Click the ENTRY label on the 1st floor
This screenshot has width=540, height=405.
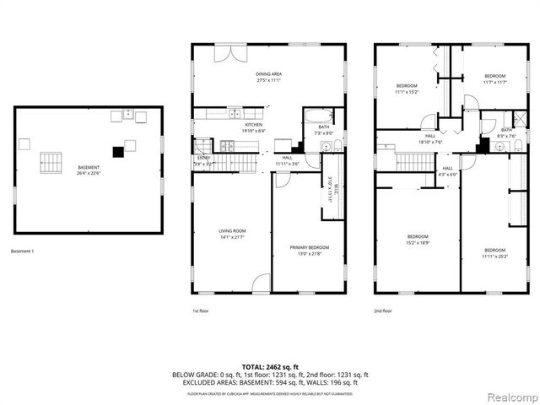[204, 158]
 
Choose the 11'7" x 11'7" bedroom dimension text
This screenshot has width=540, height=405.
[494, 82]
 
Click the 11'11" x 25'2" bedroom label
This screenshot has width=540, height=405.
[494, 253]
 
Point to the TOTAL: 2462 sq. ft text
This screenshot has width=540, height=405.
[270, 366]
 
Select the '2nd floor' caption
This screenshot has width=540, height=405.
[383, 310]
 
